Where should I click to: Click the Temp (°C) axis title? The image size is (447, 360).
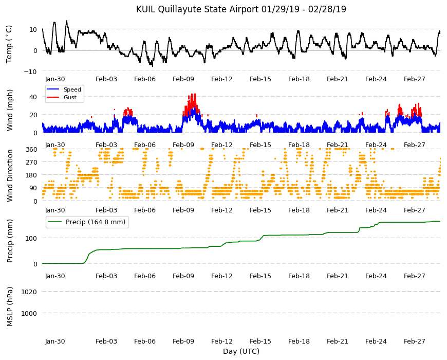[x=9, y=44]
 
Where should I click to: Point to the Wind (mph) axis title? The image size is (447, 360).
[x=10, y=110]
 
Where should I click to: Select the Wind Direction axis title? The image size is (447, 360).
[x=10, y=175]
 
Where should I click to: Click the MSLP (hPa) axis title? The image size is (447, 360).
[x=10, y=306]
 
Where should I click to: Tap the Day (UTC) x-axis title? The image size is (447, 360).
[x=241, y=351]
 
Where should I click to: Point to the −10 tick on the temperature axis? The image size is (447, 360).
[x=30, y=71]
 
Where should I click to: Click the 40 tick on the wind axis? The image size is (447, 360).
[x=33, y=97]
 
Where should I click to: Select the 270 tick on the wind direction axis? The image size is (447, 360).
[x=31, y=162]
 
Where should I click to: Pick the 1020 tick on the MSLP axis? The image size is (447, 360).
[x=29, y=292]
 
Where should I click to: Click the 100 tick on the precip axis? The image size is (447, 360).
[x=31, y=238]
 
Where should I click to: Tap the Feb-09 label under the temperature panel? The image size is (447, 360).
[x=183, y=79]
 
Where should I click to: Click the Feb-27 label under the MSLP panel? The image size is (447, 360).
[x=415, y=341]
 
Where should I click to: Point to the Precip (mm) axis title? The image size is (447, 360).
[x=10, y=241]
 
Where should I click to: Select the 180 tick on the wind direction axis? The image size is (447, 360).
[x=31, y=175]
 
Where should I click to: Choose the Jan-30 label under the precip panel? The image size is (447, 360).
[x=55, y=276]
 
